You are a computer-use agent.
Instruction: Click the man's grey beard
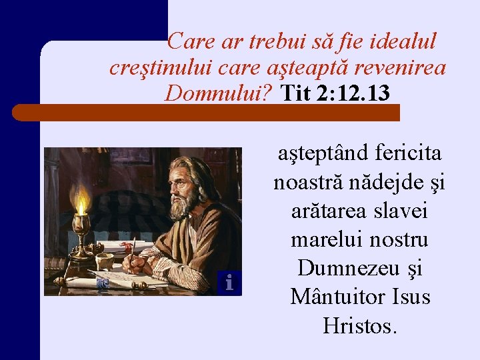click(x=181, y=206)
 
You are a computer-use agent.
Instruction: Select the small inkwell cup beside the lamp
click(x=104, y=260)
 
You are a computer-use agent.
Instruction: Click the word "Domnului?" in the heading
click(x=219, y=93)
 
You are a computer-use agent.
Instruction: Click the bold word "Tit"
click(x=295, y=93)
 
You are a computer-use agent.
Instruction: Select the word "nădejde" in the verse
click(x=383, y=182)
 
